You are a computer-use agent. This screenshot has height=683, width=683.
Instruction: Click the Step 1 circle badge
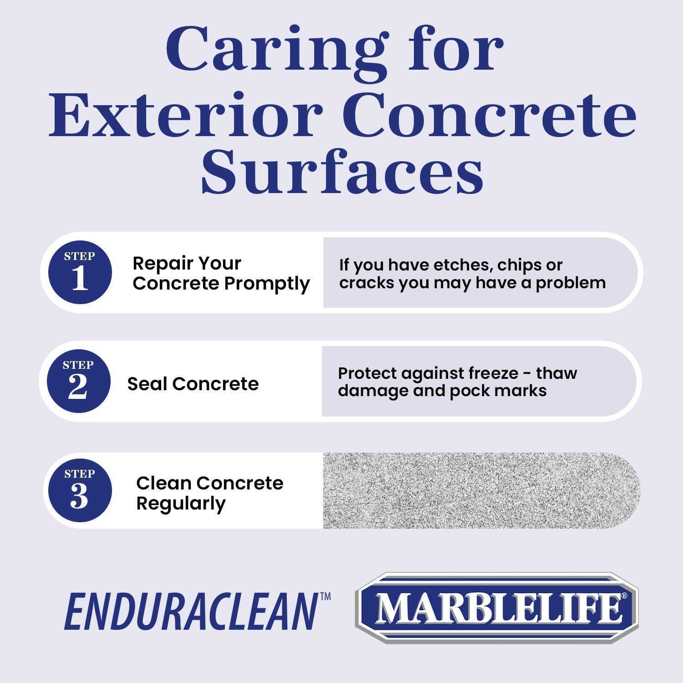(80, 272)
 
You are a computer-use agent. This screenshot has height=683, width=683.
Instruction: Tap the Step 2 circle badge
(78, 381)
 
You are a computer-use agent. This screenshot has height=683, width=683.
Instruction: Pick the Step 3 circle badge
(79, 490)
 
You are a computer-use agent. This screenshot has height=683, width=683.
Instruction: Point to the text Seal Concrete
(193, 384)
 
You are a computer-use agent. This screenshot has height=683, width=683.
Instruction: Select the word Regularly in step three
(181, 504)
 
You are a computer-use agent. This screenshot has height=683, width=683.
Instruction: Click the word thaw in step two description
(556, 373)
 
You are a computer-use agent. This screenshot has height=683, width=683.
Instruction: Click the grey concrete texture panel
(480, 490)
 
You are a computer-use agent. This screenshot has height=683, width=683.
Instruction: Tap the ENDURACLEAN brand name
(191, 612)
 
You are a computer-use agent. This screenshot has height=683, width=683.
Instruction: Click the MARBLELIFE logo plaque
(496, 608)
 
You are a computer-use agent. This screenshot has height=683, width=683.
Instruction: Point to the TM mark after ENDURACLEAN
(325, 596)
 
